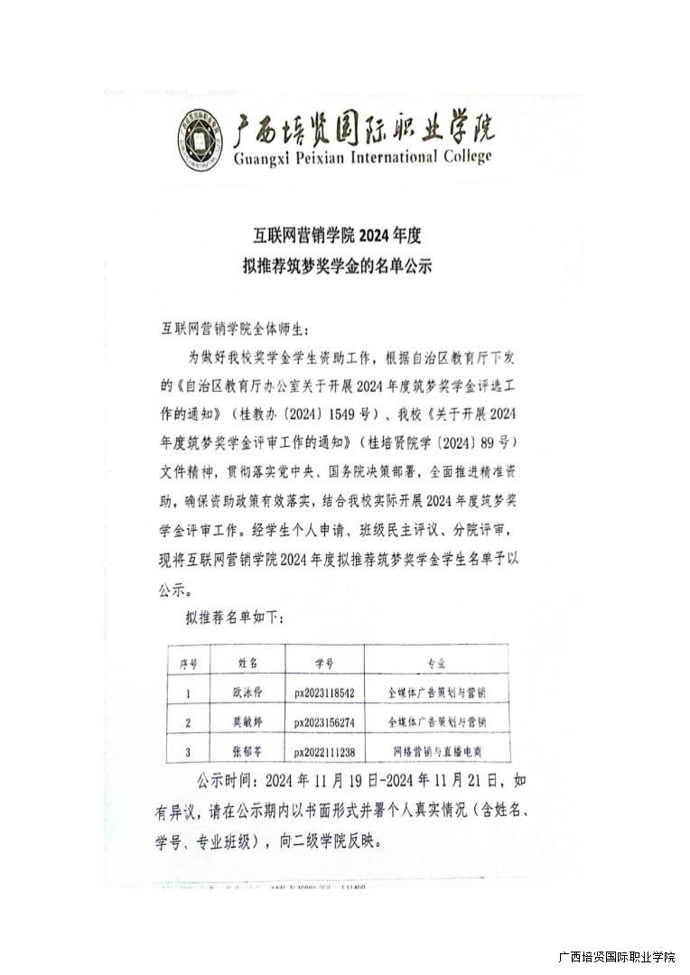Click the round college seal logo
pyautogui.click(x=201, y=141)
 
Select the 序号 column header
pyautogui.click(x=189, y=664)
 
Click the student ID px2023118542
pyautogui.click(x=324, y=693)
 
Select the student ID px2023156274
pyautogui.click(x=324, y=723)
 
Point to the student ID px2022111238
pyautogui.click(x=324, y=752)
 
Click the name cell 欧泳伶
pyautogui.click(x=248, y=693)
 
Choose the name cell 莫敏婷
pyautogui.click(x=248, y=723)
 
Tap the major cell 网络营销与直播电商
pyautogui.click(x=436, y=752)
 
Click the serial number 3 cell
pyautogui.click(x=188, y=752)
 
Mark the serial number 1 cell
pyautogui.click(x=188, y=693)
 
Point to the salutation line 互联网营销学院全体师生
pyautogui.click(x=239, y=328)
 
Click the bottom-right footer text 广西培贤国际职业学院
pyautogui.click(x=617, y=957)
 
